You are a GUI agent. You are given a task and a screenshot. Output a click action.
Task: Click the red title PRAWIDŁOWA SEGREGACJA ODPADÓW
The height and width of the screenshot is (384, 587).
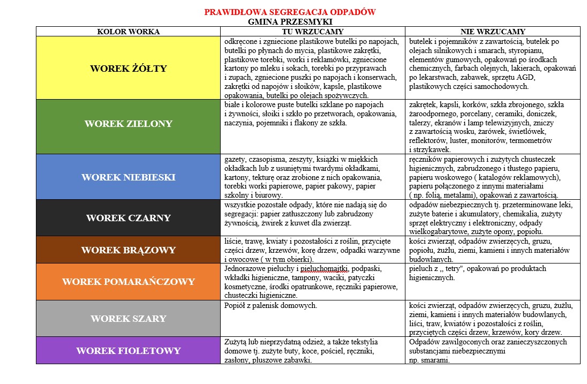290,12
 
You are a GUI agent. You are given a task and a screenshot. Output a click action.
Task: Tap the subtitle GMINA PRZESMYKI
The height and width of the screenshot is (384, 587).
290,22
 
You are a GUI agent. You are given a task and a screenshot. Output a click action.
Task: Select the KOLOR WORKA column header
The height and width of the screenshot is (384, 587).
128,32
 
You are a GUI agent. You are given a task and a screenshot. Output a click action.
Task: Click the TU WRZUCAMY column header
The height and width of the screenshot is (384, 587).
313,32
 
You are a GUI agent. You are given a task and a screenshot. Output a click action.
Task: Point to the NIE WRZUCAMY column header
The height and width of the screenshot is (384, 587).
493,32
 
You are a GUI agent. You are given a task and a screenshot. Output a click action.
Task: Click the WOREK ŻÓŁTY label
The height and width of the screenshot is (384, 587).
128,69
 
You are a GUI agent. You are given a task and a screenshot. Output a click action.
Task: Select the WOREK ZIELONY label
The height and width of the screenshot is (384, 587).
128,124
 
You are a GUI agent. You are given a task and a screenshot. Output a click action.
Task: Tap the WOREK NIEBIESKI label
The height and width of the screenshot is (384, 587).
128,177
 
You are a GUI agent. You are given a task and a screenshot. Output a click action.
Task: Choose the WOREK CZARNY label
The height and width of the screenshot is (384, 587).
128,218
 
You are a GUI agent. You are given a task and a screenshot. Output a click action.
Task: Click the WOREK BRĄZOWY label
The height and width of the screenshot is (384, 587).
128,250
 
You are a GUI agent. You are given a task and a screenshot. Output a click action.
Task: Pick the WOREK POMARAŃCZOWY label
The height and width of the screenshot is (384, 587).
128,282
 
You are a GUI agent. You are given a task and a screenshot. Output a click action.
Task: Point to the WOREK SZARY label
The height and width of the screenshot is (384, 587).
128,319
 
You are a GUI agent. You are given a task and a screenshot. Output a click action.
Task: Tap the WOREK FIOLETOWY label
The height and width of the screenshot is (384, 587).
128,351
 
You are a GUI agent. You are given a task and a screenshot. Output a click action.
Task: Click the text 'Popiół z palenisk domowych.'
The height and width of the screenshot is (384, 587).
270,306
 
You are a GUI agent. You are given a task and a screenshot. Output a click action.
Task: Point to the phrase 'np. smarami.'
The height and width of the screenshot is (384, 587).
429,360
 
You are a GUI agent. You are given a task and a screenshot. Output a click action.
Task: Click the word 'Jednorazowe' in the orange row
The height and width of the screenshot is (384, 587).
246,268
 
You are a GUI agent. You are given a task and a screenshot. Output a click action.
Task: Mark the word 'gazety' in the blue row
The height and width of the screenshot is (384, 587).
235,159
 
